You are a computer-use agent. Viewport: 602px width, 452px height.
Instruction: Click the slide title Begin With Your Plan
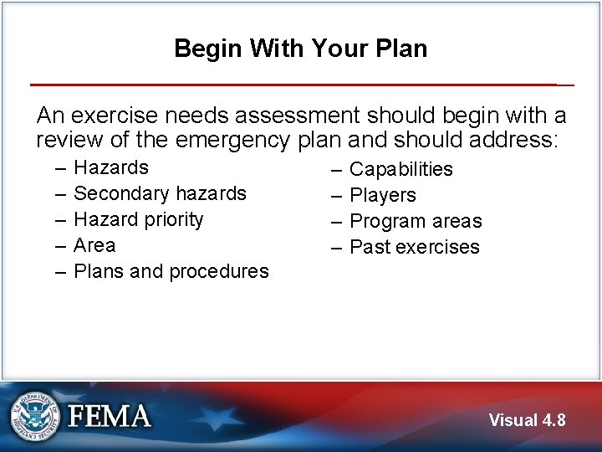(x=300, y=49)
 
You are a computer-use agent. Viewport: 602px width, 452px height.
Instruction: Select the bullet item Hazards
(x=111, y=167)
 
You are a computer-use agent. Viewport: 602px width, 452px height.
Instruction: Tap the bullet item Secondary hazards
(x=160, y=193)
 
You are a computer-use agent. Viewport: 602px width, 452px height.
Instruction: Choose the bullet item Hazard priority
(x=139, y=219)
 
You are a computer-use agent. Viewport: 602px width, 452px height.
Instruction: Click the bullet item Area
(x=94, y=245)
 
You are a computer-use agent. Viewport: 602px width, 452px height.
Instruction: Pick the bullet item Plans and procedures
(x=171, y=271)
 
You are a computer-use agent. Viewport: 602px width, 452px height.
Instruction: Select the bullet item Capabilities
(x=400, y=169)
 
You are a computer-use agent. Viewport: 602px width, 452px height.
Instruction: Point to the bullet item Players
(x=382, y=195)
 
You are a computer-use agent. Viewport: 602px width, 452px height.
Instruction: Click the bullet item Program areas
(x=416, y=221)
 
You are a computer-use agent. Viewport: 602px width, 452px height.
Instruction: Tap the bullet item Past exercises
(x=414, y=247)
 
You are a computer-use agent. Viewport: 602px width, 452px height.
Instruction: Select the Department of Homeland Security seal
(x=35, y=415)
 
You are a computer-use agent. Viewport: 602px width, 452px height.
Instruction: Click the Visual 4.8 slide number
(x=527, y=420)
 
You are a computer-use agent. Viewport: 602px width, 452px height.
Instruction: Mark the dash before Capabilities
(x=335, y=169)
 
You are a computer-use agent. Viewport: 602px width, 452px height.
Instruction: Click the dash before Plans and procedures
(x=60, y=271)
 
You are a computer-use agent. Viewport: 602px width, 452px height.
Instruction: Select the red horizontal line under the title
(x=293, y=85)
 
